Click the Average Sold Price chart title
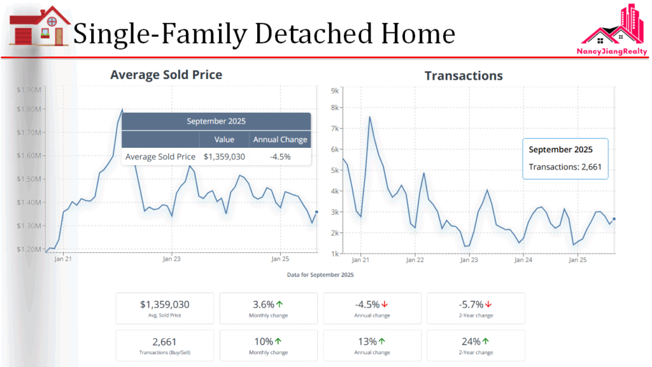166,75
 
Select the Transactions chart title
464,76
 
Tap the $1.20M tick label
29,249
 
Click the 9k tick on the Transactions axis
334,90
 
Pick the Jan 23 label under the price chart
172,259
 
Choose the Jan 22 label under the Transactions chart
415,260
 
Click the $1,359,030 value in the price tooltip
224,157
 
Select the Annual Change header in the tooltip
280,140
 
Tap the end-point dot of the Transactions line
614,219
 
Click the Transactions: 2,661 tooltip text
565,168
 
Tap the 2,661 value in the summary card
164,342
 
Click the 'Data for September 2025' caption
320,275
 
